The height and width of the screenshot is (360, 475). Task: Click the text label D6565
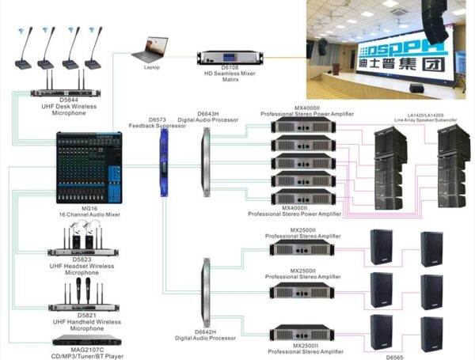(395, 356)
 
